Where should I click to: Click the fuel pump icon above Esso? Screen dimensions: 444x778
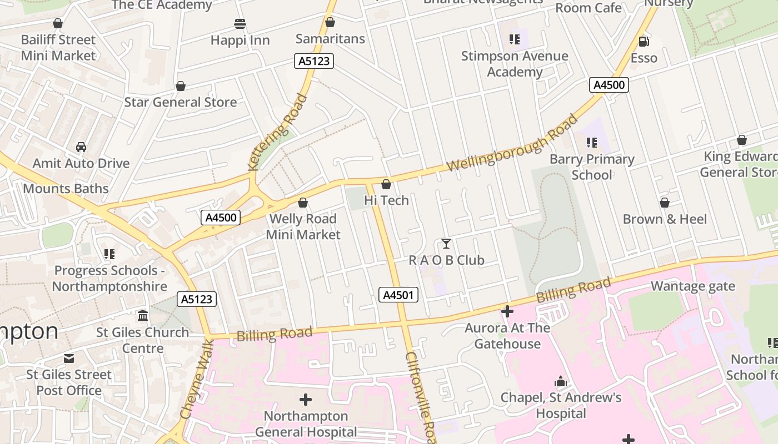tap(644, 41)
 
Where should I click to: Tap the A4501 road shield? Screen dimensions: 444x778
tap(398, 295)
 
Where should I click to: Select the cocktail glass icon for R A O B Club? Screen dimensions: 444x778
tap(446, 244)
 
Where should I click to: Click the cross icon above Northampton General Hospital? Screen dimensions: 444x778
tap(305, 399)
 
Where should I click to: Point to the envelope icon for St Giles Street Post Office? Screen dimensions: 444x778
tap(69, 358)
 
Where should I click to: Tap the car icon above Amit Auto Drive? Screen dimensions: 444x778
tap(81, 147)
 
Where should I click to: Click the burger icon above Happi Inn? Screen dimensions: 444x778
tap(240, 24)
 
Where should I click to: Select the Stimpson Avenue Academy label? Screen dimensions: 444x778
tap(515, 64)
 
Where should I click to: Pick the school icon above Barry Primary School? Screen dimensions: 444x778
tap(592, 143)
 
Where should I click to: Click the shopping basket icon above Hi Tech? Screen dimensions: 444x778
tap(386, 184)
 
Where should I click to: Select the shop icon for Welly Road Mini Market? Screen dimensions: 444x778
tap(303, 203)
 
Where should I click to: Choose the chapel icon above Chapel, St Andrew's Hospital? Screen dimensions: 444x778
tap(560, 382)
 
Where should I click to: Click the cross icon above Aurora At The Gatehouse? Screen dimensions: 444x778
tap(507, 311)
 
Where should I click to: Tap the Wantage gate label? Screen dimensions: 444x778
tap(692, 286)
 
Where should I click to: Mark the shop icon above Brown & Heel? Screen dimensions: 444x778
tap(664, 203)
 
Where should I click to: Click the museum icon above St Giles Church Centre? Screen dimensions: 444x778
tap(143, 316)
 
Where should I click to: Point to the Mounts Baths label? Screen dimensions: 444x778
tap(66, 188)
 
